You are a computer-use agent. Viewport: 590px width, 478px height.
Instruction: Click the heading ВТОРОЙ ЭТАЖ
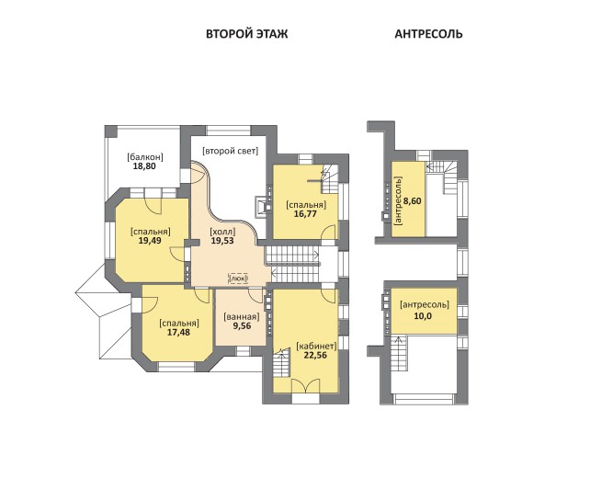tap(247, 34)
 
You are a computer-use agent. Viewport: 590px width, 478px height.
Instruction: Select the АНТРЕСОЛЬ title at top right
tap(428, 34)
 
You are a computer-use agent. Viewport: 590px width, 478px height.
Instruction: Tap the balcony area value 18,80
tap(144, 166)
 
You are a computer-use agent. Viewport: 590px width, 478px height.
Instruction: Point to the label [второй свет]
tap(231, 151)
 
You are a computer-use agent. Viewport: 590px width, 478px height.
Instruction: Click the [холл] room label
tap(222, 231)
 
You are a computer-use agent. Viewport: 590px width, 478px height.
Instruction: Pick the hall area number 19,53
tap(222, 241)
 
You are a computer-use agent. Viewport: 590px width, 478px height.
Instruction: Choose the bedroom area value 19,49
tap(150, 241)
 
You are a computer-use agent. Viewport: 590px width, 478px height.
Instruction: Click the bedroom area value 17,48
tap(178, 333)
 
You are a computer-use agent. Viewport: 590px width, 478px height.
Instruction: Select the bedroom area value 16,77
tap(305, 214)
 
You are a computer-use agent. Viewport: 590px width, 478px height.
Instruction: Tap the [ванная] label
tap(242, 317)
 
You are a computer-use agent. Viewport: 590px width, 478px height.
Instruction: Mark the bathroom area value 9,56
tap(242, 326)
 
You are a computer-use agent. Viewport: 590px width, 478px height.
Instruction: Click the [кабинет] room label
tap(316, 346)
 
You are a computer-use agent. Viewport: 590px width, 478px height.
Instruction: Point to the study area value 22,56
tap(315, 355)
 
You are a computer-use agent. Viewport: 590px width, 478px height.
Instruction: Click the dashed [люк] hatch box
tap(239, 279)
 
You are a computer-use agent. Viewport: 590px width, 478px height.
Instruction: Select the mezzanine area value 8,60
tap(413, 201)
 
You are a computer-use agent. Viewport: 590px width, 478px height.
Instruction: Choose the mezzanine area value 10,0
tap(423, 316)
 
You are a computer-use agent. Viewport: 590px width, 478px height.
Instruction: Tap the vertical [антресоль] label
tap(399, 201)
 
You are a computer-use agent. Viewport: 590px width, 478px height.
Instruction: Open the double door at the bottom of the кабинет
tap(305, 386)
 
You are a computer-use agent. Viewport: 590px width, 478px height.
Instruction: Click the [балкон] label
tap(145, 156)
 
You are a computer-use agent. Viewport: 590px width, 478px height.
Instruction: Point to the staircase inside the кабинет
tap(281, 363)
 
